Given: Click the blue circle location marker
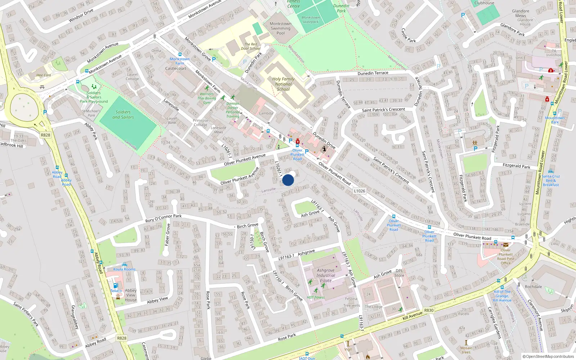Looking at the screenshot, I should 288,180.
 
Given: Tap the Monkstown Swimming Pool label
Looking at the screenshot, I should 280,28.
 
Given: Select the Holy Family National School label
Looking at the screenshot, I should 283,84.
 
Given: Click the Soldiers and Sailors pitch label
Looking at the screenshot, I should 123,114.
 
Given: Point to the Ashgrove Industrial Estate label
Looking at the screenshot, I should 326,275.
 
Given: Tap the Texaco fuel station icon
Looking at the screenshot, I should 116,285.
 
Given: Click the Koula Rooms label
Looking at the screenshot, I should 125,269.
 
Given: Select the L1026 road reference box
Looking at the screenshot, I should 359,191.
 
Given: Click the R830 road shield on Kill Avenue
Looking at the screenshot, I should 429,310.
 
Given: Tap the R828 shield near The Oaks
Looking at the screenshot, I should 45,135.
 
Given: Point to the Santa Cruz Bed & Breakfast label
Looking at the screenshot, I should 551,180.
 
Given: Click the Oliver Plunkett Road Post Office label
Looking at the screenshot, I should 505,256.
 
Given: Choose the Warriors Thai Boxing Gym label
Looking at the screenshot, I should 207,98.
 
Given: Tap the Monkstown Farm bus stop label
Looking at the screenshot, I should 180,61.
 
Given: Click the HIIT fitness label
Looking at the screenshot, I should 316,297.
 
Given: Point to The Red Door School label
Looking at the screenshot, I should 251,46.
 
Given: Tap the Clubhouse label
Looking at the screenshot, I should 484,3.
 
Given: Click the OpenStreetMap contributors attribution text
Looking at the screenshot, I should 548,356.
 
